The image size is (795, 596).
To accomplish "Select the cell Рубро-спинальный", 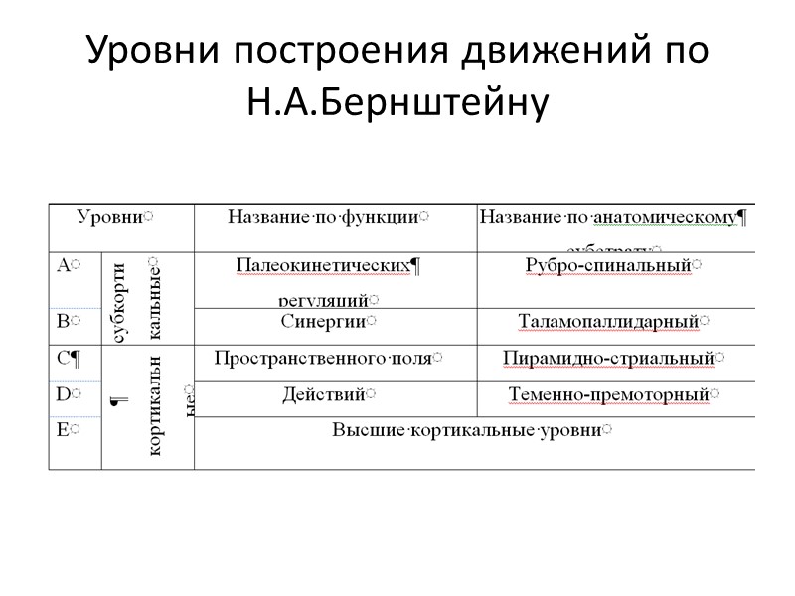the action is click(x=607, y=265).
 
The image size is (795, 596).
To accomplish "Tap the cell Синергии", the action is click(x=324, y=322).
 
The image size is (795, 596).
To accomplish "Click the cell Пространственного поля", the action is click(x=324, y=358).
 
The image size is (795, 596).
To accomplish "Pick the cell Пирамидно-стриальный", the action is click(x=608, y=358).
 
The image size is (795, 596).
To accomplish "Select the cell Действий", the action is click(x=324, y=394).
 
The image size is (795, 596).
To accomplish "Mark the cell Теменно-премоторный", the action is click(x=608, y=394).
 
